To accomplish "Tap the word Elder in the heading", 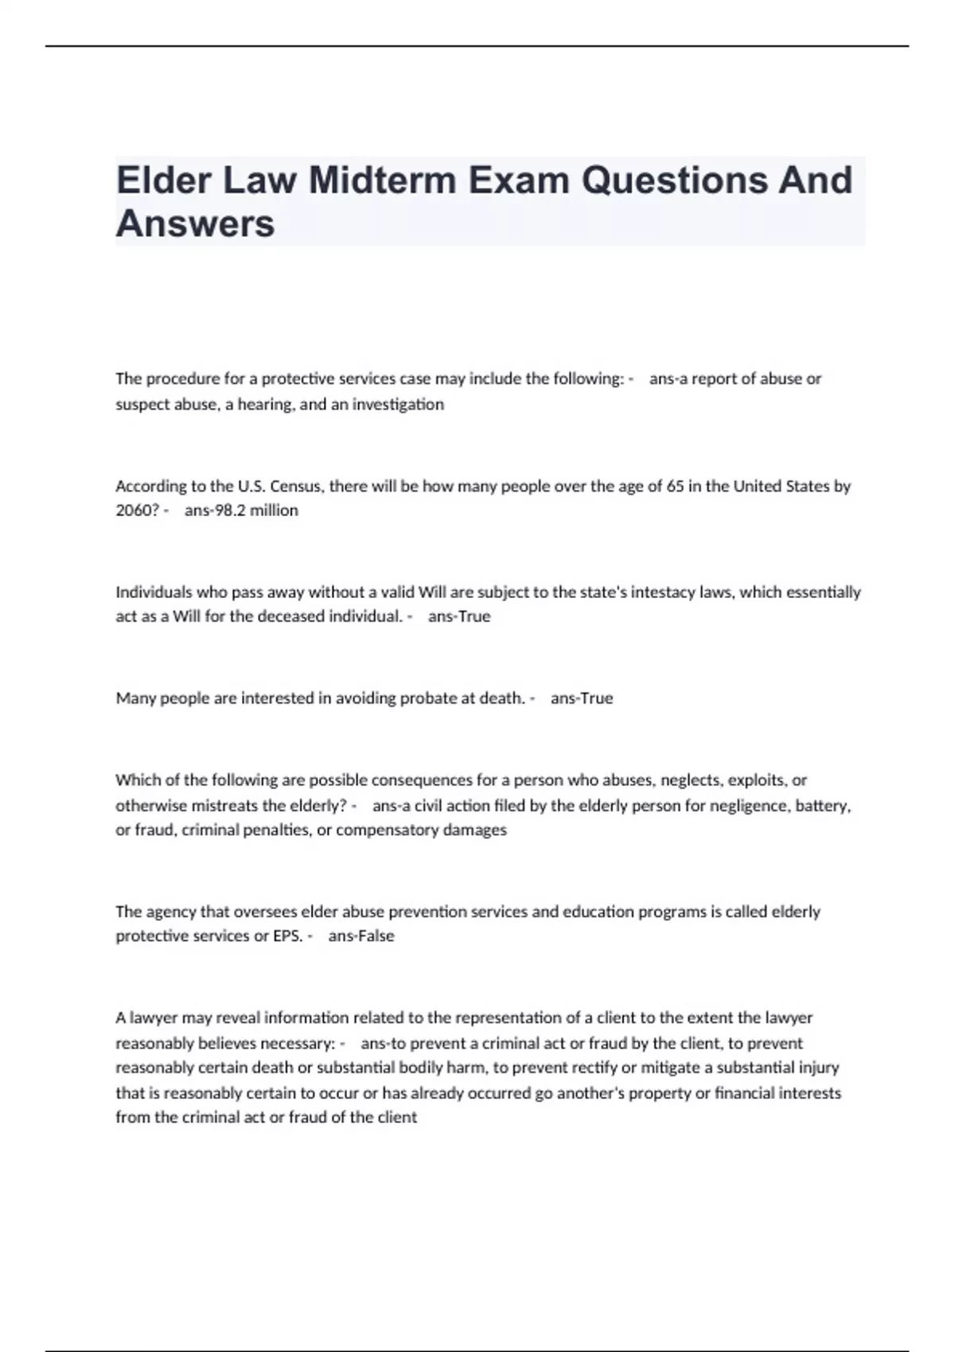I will [163, 180].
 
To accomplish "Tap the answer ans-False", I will [361, 936].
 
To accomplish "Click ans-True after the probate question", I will [582, 698].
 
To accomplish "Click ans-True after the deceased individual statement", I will [459, 616].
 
